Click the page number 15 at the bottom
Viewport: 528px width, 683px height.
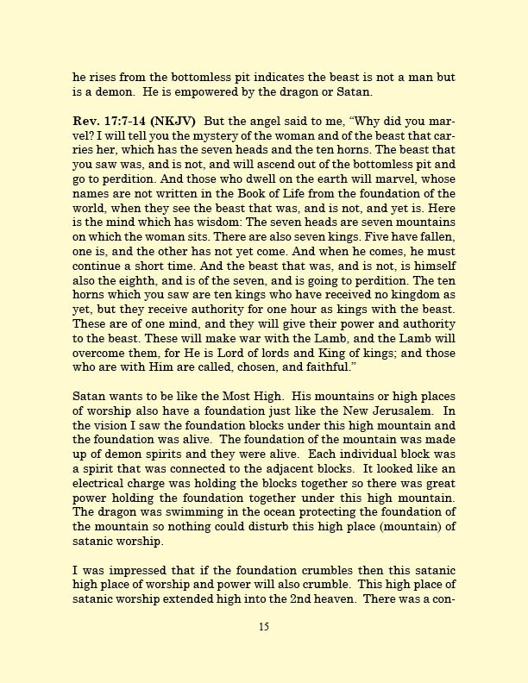tap(264, 627)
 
